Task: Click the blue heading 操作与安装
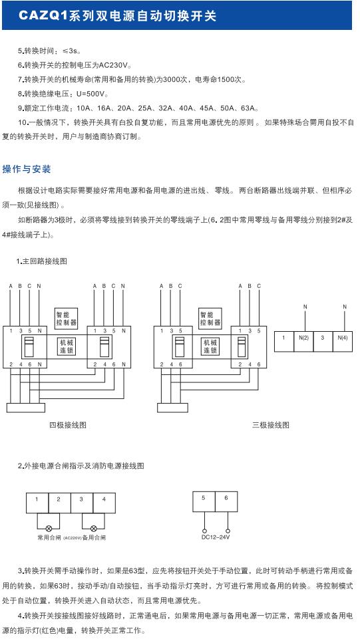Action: (x=27, y=169)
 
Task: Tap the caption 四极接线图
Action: (x=68, y=424)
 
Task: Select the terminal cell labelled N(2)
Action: (x=304, y=338)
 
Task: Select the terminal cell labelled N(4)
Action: (x=343, y=338)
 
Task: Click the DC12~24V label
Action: (x=215, y=537)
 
